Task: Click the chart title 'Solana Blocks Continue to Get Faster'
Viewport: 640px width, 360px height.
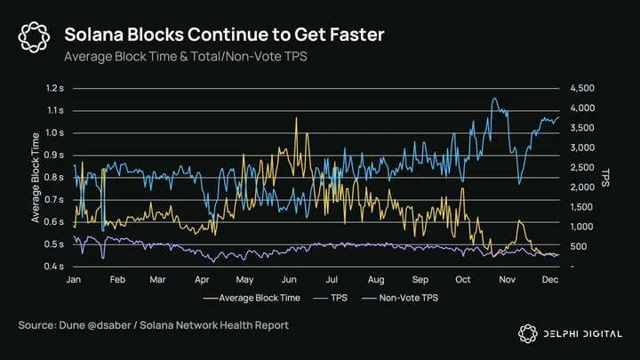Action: tap(224, 35)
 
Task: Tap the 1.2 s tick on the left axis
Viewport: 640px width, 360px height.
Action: tap(55, 88)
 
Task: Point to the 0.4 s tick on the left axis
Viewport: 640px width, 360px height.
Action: tap(55, 267)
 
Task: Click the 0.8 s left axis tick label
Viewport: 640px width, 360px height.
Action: tap(55, 178)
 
